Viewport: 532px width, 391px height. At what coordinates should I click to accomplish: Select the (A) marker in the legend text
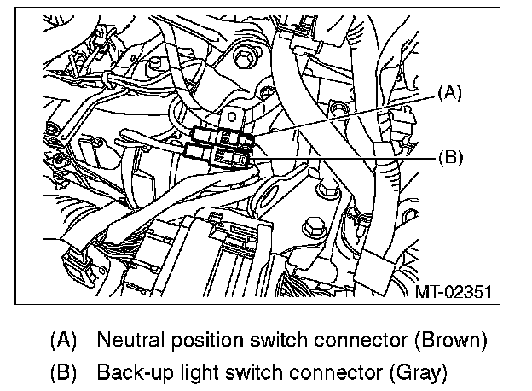click(64, 340)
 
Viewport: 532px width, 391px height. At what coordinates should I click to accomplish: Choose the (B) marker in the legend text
click(64, 372)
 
